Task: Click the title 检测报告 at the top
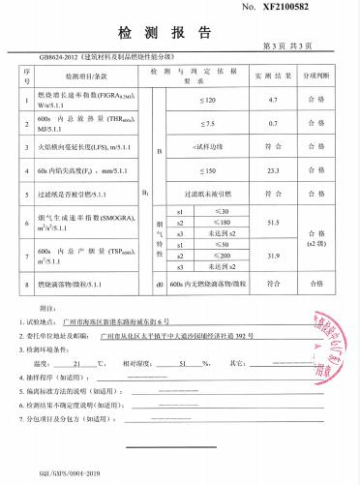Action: [181, 27]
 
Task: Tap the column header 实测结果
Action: [272, 75]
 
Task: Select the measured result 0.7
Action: [272, 124]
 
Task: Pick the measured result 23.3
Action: [272, 170]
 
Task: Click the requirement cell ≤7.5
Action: [207, 124]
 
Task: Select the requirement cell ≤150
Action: [207, 170]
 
